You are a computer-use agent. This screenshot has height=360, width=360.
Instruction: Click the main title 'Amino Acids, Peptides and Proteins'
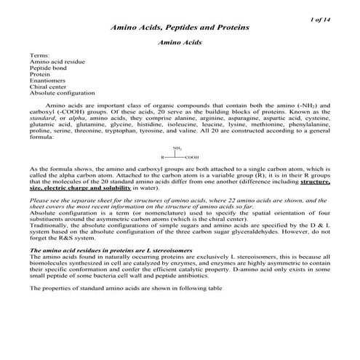tap(180, 27)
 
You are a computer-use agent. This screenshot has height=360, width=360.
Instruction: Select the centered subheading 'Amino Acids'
tap(180, 43)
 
